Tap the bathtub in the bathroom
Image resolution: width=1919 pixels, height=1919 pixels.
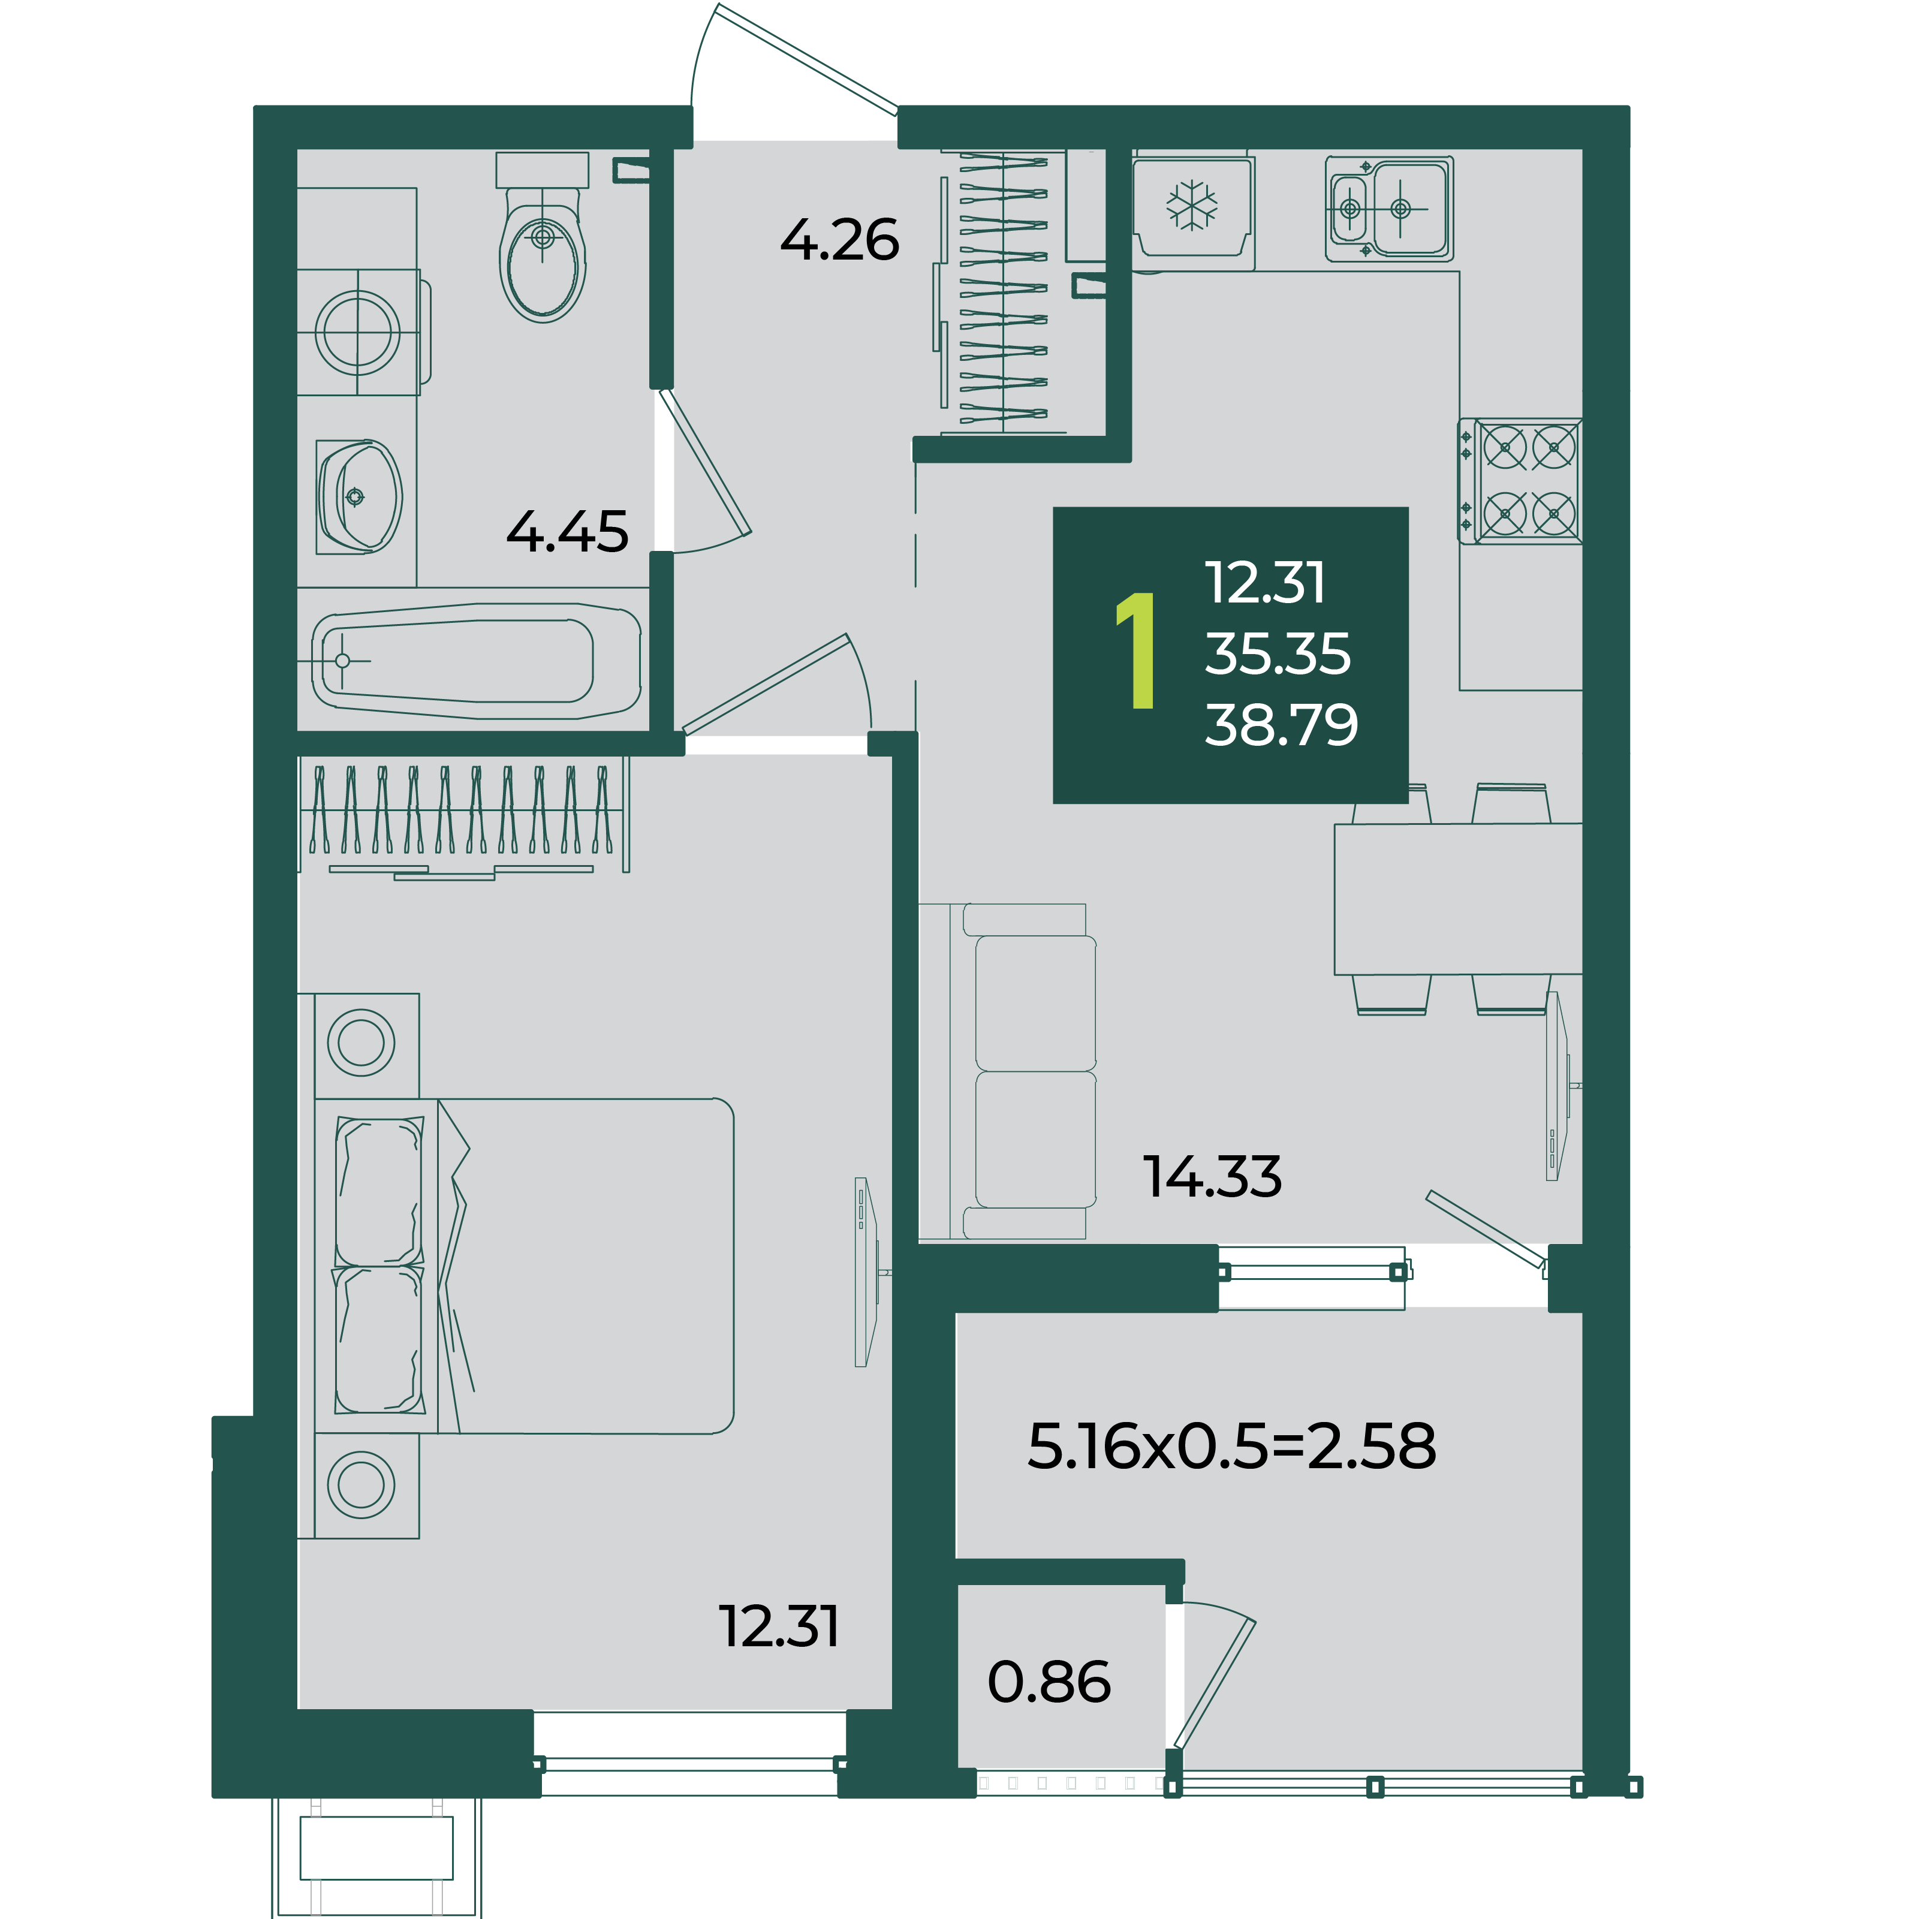click(x=477, y=661)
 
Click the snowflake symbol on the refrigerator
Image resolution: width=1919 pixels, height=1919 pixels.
click(x=1192, y=206)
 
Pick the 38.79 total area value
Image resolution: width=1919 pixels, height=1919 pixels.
click(x=1281, y=724)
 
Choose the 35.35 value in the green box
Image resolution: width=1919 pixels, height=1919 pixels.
click(x=1278, y=653)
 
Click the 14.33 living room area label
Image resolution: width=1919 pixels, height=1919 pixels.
click(x=1212, y=1176)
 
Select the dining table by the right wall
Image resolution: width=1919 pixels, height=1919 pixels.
click(x=1458, y=899)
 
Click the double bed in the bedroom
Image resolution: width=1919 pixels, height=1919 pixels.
click(x=525, y=1266)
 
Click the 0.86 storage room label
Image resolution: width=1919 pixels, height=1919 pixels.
click(x=1049, y=1682)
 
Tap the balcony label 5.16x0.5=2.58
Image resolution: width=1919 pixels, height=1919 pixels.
click(x=1231, y=1445)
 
